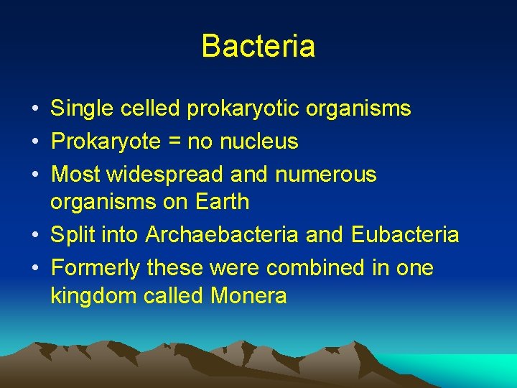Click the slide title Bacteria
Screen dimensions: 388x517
tap(258, 46)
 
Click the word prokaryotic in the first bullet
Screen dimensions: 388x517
tap(243, 108)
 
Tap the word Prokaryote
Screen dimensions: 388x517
tap(106, 142)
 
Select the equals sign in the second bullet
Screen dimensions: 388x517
tap(174, 142)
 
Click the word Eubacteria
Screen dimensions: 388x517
tap(405, 234)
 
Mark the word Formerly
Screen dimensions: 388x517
tap(96, 268)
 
